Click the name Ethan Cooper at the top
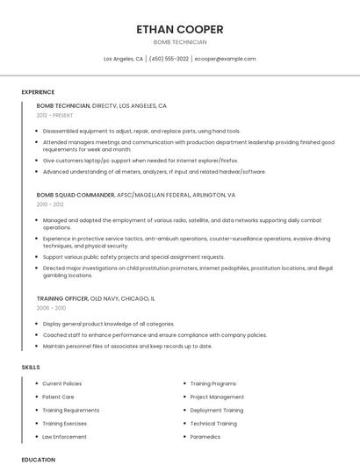pyautogui.click(x=180, y=29)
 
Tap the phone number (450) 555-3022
pyautogui.click(x=169, y=59)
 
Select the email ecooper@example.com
pyautogui.click(x=226, y=59)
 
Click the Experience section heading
pyautogui.click(x=38, y=92)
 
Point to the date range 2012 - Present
pyautogui.click(x=54, y=115)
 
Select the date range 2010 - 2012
pyautogui.click(x=50, y=204)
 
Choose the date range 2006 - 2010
pyautogui.click(x=50, y=308)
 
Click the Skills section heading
pyautogui.click(x=30, y=366)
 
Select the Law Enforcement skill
pyautogui.click(x=64, y=436)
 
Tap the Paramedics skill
pyautogui.click(x=205, y=436)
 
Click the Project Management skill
pyautogui.click(x=217, y=397)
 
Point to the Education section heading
pyautogui.click(x=38, y=459)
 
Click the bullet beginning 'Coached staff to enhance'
pyautogui.click(x=154, y=335)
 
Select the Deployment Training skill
pyautogui.click(x=217, y=410)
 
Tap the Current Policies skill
pyautogui.click(x=61, y=383)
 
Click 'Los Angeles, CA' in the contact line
pyautogui.click(x=123, y=59)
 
